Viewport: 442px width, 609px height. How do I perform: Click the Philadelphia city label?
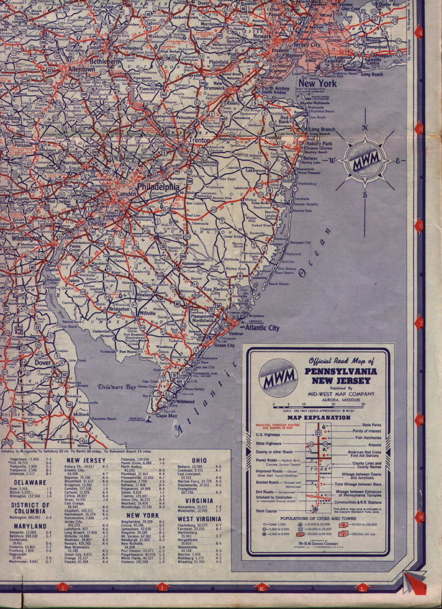tap(158, 187)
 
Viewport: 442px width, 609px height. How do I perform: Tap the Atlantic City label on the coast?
tap(262, 327)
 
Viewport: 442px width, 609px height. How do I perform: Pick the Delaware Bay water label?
tap(117, 387)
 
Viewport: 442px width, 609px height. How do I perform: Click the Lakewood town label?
tap(255, 170)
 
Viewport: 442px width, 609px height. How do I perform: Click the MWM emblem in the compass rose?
tap(364, 160)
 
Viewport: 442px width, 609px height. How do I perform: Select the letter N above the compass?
tap(364, 127)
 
